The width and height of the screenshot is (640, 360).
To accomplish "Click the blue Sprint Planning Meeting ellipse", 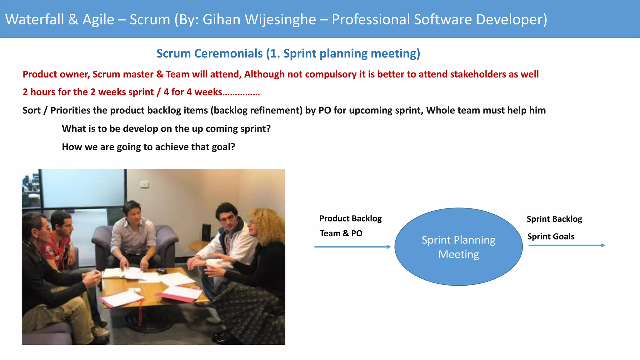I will pyautogui.click(x=458, y=247).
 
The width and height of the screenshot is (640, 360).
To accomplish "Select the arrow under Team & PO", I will pyautogui.click(x=352, y=247).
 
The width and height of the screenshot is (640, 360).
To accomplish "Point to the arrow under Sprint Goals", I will pyautogui.click(x=567, y=245).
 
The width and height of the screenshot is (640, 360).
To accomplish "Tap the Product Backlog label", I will pyautogui.click(x=350, y=218).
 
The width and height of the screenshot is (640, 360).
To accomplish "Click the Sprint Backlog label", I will pyautogui.click(x=554, y=219).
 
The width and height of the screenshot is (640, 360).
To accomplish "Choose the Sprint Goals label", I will pyautogui.click(x=551, y=237).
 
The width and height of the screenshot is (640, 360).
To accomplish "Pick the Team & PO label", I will pyautogui.click(x=341, y=233).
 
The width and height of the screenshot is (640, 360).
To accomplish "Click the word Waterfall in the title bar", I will pyautogui.click(x=35, y=19).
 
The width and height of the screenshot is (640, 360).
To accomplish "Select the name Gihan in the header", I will pyautogui.click(x=222, y=19).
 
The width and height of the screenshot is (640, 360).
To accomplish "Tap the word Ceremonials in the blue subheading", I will pyautogui.click(x=228, y=53).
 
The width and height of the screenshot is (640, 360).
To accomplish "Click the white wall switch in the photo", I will pyautogui.click(x=144, y=185).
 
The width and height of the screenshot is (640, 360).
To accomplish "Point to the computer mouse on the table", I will pyautogui.click(x=161, y=271).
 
